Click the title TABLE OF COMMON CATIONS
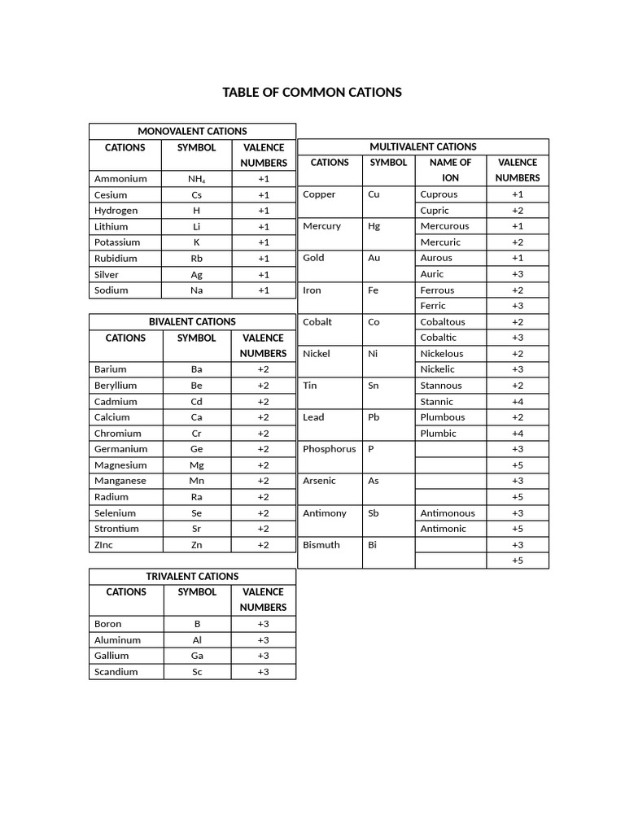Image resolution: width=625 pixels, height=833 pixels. tap(312, 92)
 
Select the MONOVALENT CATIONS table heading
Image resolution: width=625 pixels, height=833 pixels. tap(192, 131)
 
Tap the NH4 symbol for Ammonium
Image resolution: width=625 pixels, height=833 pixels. tap(197, 179)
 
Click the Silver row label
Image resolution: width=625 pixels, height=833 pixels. tap(107, 274)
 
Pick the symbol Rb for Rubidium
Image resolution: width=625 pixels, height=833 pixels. tap(197, 258)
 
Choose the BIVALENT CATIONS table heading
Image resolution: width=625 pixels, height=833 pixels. tap(192, 321)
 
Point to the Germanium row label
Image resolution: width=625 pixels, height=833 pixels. tap(120, 449)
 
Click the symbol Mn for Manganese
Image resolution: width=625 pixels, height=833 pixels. tap(197, 481)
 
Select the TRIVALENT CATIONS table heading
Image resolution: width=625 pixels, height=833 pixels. tap(192, 576)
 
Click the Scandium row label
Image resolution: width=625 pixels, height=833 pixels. tap(116, 672)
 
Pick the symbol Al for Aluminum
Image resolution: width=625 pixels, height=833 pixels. tap(197, 640)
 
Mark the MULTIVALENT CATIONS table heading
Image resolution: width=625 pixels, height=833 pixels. tap(423, 146)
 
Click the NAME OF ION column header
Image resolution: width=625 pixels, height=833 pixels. tap(450, 170)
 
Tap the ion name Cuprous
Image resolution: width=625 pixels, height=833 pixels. tap(439, 194)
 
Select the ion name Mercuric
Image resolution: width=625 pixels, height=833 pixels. tap(440, 242)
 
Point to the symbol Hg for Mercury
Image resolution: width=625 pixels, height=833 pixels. tap(374, 226)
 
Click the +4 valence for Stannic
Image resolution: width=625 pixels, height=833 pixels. tap(518, 401)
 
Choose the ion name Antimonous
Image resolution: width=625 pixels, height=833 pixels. tap(448, 513)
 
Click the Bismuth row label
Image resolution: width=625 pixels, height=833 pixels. tap(321, 545)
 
